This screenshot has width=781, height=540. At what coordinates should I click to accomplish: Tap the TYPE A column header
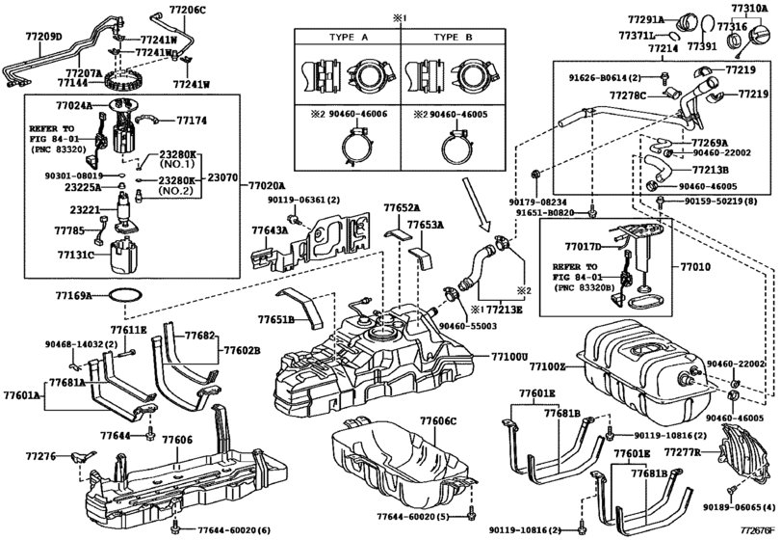[x=343, y=37]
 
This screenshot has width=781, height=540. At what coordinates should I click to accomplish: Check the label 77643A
[x=270, y=231]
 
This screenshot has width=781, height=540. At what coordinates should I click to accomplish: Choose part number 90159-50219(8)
[x=725, y=202]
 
